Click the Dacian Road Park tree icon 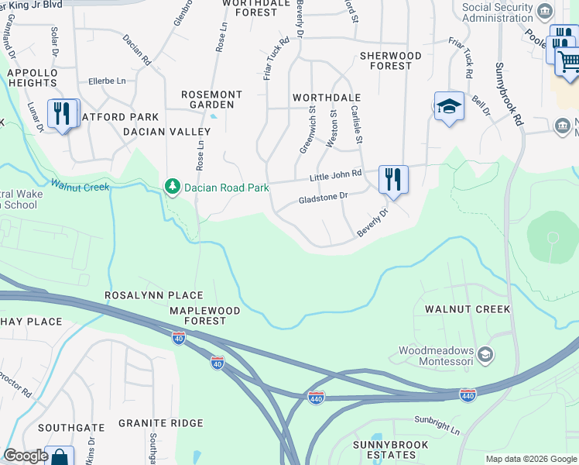(x=172, y=187)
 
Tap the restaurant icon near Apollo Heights (x=61, y=113)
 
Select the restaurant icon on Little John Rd (x=393, y=180)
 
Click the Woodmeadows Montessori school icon (x=485, y=356)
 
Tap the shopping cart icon (x=568, y=60)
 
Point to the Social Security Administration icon (x=546, y=11)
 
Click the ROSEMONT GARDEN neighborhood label (x=211, y=99)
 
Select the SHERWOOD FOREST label (x=391, y=61)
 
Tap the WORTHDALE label (x=327, y=98)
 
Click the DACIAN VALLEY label (x=156, y=132)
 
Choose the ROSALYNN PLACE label (x=154, y=295)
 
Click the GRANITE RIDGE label (x=161, y=423)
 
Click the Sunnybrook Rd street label (x=511, y=94)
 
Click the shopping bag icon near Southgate (x=59, y=456)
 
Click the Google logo (x=26, y=456)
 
